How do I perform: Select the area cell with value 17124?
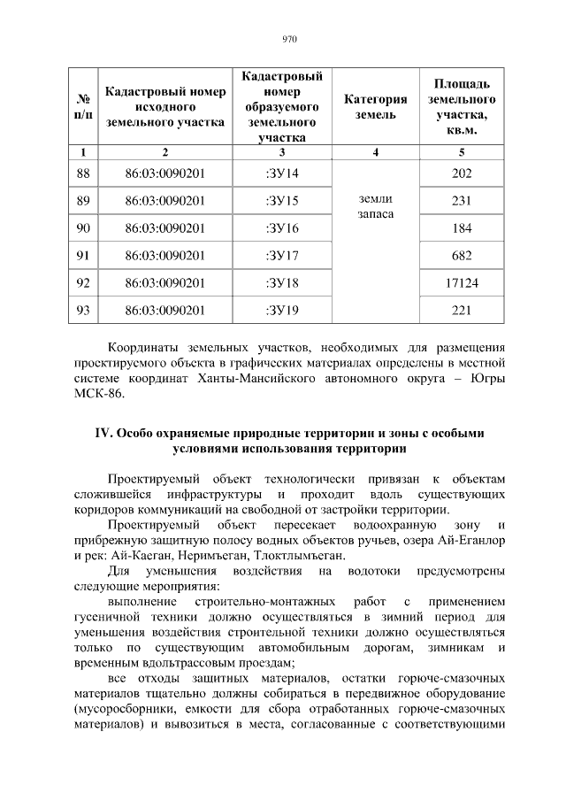(x=461, y=283)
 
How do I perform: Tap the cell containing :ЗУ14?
(x=282, y=173)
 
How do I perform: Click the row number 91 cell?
(x=83, y=256)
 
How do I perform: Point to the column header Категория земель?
(x=375, y=108)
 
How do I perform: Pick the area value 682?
(x=461, y=256)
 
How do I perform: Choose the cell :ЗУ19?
(x=282, y=311)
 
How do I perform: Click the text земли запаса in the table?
(x=375, y=207)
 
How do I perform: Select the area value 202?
(x=461, y=173)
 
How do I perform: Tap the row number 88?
(x=83, y=173)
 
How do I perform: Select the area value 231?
(x=461, y=201)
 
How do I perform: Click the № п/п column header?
(x=83, y=108)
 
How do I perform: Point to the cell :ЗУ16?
(x=282, y=228)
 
